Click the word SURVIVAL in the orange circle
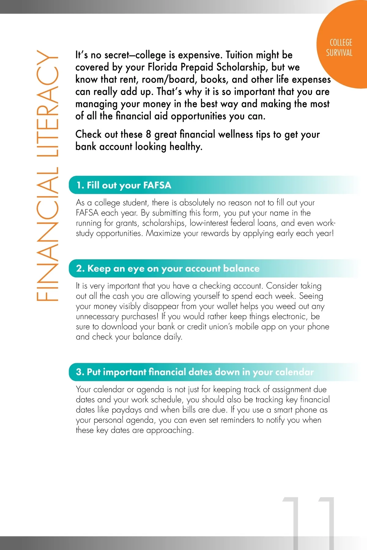[339, 53]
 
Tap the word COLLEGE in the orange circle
[341, 42]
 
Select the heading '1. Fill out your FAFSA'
[124, 185]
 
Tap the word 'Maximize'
[163, 233]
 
